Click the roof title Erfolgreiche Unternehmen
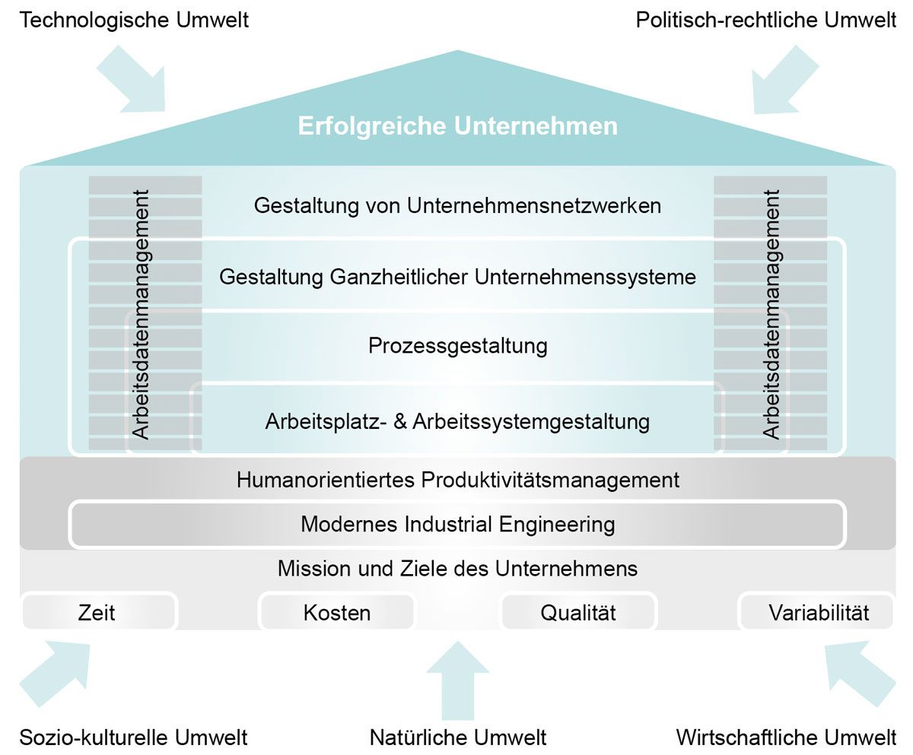click(x=457, y=125)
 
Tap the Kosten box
click(x=336, y=612)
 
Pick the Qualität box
click(x=578, y=612)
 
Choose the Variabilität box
click(x=818, y=612)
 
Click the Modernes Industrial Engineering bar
click(x=457, y=524)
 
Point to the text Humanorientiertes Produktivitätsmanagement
click(x=457, y=480)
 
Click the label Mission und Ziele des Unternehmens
click(x=457, y=568)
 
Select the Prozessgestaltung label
click(x=457, y=346)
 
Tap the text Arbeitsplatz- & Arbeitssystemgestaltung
click(x=457, y=420)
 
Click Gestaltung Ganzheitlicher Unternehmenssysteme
click(x=457, y=276)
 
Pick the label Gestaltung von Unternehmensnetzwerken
click(x=457, y=205)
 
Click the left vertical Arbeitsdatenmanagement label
click(x=141, y=314)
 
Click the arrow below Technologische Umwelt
click(x=133, y=80)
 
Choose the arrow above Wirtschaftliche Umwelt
click(x=860, y=673)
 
